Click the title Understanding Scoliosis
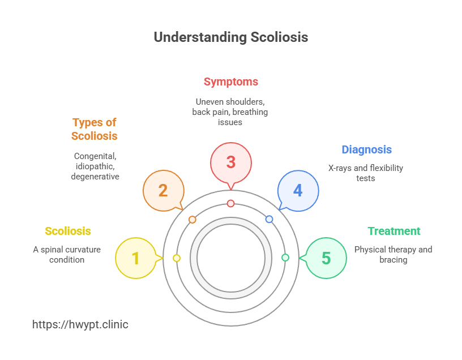click(231, 37)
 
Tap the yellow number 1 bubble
click(135, 258)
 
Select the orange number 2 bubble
click(163, 190)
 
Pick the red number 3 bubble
click(230, 162)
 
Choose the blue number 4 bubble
click(298, 190)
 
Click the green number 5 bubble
click(326, 258)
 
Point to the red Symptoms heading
click(230, 82)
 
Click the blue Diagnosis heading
click(366, 149)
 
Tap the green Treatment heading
click(394, 231)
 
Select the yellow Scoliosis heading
click(68, 231)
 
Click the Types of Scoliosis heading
click(95, 129)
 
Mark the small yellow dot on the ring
click(177, 258)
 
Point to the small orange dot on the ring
click(192, 219)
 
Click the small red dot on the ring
click(230, 203)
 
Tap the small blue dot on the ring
click(269, 219)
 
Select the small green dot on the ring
click(285, 258)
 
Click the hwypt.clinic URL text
click(80, 324)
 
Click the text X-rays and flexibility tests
click(366, 173)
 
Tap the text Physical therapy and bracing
click(393, 254)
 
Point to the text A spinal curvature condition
click(67, 254)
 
